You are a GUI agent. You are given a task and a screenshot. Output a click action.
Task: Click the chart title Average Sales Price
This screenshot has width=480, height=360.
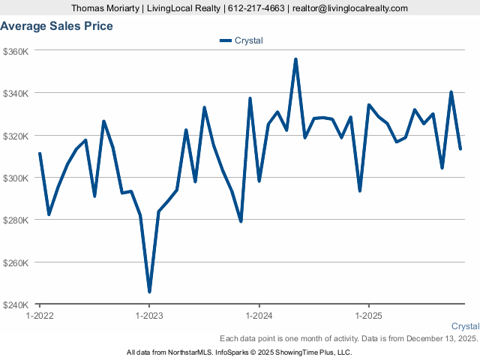57,26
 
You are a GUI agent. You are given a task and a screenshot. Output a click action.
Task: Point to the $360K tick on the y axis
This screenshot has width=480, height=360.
16,51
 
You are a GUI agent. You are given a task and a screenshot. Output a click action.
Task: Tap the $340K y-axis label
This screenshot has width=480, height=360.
16,94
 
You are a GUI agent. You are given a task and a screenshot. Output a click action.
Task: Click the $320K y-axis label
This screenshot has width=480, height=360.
16,136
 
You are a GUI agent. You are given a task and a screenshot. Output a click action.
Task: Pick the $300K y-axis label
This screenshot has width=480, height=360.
16,178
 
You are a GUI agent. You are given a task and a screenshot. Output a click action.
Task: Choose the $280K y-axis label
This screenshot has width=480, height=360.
16,220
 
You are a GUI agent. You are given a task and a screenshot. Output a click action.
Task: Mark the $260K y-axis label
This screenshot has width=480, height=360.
16,263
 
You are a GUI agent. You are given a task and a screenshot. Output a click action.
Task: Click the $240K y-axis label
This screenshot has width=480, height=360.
16,305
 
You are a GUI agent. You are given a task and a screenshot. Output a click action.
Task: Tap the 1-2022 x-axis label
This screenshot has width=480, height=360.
40,316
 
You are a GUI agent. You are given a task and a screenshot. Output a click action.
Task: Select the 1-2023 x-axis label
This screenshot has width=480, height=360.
149,316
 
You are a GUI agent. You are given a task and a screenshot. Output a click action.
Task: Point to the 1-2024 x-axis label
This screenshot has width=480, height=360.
259,316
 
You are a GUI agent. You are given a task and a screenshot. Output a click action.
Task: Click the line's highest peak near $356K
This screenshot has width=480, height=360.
295,59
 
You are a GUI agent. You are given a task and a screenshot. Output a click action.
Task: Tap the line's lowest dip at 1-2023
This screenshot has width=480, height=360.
149,291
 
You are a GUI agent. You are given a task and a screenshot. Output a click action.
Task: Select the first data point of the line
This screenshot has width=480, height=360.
40,154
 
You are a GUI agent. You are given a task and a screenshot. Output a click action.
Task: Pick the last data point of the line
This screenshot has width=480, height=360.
460,148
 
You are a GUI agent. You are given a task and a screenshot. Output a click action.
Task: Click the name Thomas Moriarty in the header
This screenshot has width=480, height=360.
106,8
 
